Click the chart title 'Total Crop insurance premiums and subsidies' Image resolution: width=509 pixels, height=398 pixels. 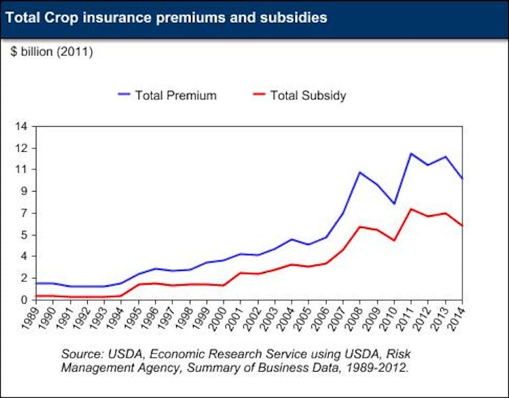click(166, 18)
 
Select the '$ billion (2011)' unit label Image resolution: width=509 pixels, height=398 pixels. click(52, 52)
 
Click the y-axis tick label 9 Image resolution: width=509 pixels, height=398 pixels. click(24, 191)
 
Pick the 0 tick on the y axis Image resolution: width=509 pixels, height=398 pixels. click(24, 300)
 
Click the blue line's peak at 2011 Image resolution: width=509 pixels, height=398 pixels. click(410, 153)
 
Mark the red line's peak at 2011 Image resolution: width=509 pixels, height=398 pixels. click(410, 209)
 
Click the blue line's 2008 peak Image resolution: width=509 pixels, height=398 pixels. click(360, 172)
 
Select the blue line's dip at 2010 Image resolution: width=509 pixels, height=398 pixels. click(394, 204)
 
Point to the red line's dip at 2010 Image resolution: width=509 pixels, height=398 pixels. click(394, 240)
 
